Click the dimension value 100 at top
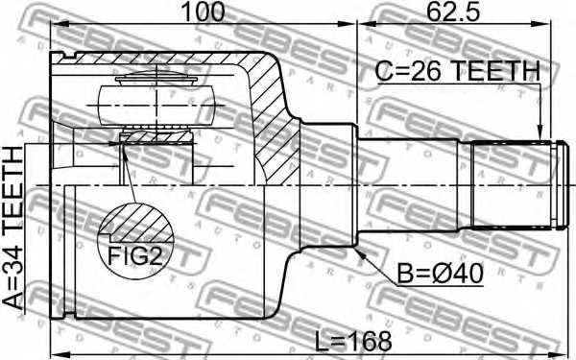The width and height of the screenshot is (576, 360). [x=204, y=12]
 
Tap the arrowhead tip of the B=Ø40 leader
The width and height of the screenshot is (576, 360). [x=358, y=252]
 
